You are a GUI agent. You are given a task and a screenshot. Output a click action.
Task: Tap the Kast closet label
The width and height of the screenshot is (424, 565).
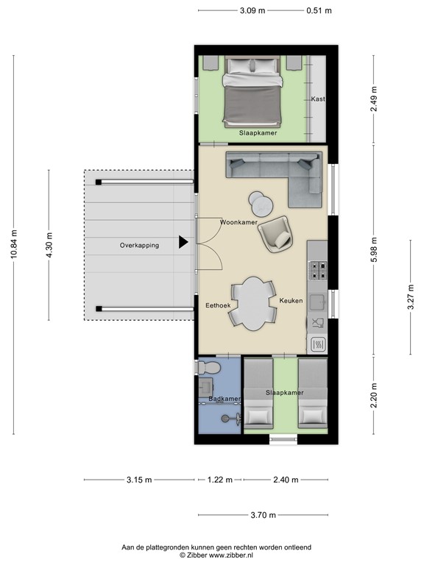pos(318,99)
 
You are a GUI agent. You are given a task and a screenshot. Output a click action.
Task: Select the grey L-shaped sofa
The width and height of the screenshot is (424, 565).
pos(280,174)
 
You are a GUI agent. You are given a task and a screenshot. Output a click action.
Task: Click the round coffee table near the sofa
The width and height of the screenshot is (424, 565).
pos(260,200)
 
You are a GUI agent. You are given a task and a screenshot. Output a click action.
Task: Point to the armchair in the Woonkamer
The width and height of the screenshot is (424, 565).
pos(275,235)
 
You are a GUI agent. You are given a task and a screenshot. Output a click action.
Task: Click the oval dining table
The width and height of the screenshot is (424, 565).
pos(254,303)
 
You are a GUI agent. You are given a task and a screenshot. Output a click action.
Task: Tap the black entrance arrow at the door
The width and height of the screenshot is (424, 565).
pos(184,242)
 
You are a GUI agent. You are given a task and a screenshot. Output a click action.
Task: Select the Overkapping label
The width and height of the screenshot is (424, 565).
pos(139,246)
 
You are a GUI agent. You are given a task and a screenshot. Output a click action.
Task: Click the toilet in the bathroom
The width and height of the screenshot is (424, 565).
pos(210,366)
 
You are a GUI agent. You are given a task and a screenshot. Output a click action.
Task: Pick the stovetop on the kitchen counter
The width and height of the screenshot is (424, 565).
pos(318,270)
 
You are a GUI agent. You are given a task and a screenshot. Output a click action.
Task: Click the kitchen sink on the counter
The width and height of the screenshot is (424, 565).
pos(318,302)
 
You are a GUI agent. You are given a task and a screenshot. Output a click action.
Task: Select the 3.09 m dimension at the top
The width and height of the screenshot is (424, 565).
pos(252,10)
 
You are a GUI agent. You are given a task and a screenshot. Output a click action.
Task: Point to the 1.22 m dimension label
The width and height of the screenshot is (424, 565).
pos(219,480)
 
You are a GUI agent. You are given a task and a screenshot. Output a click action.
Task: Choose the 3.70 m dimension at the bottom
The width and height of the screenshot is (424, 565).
pos(262,516)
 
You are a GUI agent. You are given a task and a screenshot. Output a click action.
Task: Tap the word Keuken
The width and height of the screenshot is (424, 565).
pos(291,301)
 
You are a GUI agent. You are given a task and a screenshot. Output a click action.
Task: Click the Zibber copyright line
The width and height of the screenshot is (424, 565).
pos(211,557)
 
